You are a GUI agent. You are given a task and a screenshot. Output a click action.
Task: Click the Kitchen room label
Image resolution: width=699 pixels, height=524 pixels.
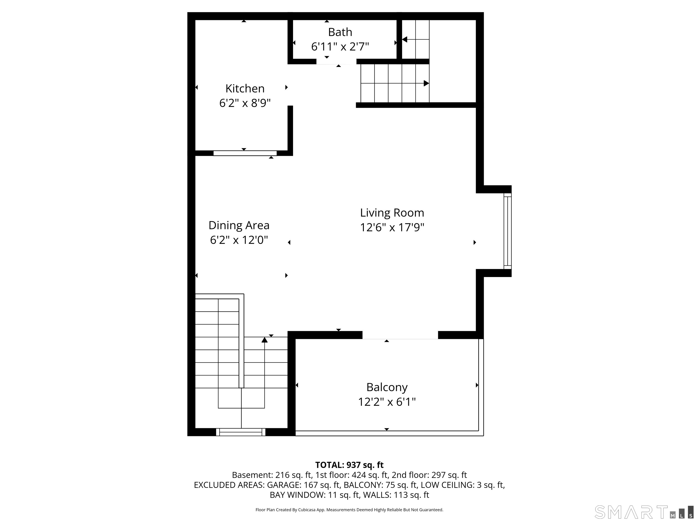coord(245,88)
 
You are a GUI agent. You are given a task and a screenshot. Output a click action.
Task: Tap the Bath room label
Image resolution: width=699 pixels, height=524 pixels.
coord(340,32)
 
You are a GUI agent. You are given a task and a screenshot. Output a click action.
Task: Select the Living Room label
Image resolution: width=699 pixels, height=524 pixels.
coord(392,213)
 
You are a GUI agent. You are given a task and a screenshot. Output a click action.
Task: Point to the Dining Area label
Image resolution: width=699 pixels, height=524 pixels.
coord(239,225)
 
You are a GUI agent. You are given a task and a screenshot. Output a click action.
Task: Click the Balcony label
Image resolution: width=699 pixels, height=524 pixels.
coord(387,387)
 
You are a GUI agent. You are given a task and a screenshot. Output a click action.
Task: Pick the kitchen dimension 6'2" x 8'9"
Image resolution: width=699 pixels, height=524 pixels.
coord(245,103)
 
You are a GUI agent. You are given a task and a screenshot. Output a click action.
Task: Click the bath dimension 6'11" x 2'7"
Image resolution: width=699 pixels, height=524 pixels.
coord(340,47)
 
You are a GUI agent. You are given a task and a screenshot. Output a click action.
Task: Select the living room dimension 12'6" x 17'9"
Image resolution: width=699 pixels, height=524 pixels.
coord(392,227)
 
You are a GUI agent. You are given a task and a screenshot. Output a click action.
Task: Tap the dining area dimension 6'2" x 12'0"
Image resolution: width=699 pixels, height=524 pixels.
coord(239,240)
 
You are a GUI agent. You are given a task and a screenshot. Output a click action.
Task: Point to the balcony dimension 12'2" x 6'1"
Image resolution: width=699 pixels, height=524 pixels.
coord(387,402)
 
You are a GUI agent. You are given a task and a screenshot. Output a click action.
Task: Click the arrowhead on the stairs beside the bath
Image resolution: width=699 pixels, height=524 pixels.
coord(405,40)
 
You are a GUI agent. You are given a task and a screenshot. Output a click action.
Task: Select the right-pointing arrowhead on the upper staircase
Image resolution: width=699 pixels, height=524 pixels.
coord(426,83)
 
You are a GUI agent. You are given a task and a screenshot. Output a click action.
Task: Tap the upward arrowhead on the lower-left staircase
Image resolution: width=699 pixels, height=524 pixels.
coord(264,340)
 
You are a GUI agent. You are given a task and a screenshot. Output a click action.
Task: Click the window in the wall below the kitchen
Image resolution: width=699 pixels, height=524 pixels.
coord(245,153)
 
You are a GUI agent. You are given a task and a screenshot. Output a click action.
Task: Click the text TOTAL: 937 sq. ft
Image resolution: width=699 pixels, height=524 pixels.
coord(349,465)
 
